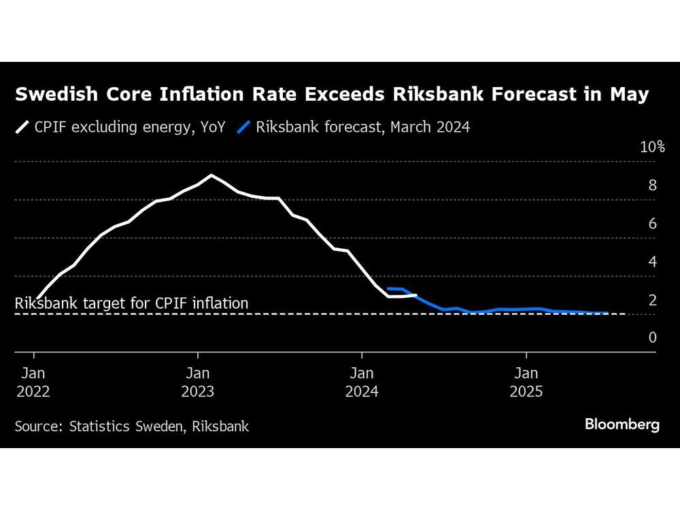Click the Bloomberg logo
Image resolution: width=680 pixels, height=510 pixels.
pyautogui.click(x=622, y=425)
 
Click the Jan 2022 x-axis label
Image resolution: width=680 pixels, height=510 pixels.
pyautogui.click(x=33, y=382)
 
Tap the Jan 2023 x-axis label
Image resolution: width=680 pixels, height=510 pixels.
pyautogui.click(x=198, y=382)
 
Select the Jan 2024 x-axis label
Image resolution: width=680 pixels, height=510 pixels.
pyautogui.click(x=362, y=382)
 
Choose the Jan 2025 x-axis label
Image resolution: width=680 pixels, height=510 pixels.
pyautogui.click(x=526, y=382)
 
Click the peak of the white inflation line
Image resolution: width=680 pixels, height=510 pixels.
pyautogui.click(x=211, y=175)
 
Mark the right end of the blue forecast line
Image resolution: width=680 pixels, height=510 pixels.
pyautogui.click(x=607, y=313)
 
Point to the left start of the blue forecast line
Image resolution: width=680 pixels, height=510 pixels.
pyautogui.click(x=388, y=288)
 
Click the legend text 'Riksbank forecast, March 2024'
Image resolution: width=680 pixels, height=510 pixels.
pyautogui.click(x=362, y=126)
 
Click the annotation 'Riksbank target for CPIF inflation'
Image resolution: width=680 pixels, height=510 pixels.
pyautogui.click(x=131, y=303)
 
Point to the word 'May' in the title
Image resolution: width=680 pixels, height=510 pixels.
pyautogui.click(x=626, y=95)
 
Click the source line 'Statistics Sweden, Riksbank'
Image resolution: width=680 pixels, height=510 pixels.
pyautogui.click(x=132, y=426)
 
